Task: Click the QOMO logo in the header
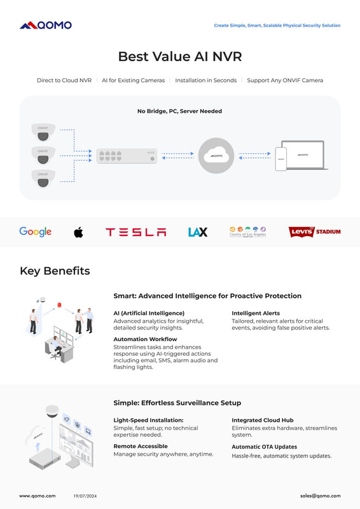point(46,25)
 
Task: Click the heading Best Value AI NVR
point(180,57)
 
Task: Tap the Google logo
point(36,232)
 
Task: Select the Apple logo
point(78,232)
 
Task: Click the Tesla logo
point(135,232)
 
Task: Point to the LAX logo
point(198,232)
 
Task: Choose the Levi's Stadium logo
point(315,232)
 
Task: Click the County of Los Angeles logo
point(247,232)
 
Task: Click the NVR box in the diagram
point(127,156)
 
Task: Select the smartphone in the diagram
point(280,158)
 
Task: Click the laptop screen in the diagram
point(303,155)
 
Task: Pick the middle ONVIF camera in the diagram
point(43,155)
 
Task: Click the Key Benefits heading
point(55,271)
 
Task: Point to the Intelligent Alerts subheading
point(256,313)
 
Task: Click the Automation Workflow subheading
point(145,339)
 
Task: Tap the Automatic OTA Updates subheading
point(264,447)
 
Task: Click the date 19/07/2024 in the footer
point(85,496)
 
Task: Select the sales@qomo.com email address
point(321,496)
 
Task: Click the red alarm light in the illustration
point(59,305)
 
